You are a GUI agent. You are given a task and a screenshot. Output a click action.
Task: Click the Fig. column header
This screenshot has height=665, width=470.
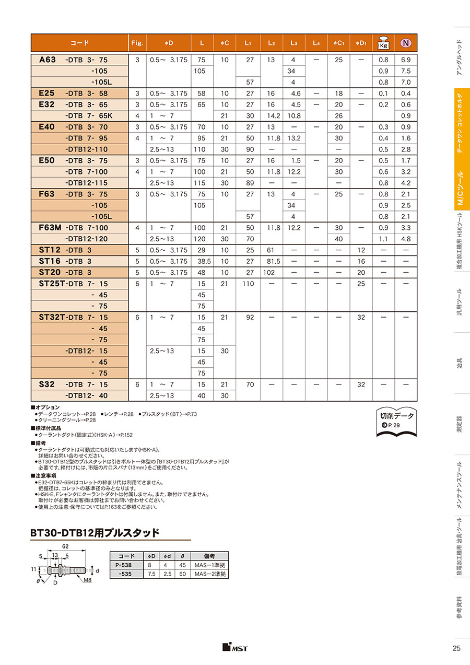(x=137, y=43)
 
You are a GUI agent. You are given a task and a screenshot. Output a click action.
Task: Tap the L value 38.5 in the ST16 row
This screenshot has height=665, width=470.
(x=202, y=261)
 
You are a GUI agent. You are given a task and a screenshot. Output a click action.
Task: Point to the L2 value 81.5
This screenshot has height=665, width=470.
(x=271, y=261)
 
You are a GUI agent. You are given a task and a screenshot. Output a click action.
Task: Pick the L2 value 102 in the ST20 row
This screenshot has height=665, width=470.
(x=271, y=272)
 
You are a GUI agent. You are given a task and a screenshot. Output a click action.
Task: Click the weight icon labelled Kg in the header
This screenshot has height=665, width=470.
(x=383, y=42)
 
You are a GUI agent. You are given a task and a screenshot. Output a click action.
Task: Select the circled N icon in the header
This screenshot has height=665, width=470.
(x=406, y=43)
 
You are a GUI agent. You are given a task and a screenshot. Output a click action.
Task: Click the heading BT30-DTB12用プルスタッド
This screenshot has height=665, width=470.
(x=95, y=533)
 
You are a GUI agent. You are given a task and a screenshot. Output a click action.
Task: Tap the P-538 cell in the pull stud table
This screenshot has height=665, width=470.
(x=123, y=565)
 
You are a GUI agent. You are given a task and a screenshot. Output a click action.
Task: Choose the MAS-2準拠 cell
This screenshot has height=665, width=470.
(x=210, y=574)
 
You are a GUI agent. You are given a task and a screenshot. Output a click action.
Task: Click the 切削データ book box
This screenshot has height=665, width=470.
(x=396, y=418)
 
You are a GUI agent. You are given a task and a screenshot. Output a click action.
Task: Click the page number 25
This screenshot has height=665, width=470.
(x=456, y=648)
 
